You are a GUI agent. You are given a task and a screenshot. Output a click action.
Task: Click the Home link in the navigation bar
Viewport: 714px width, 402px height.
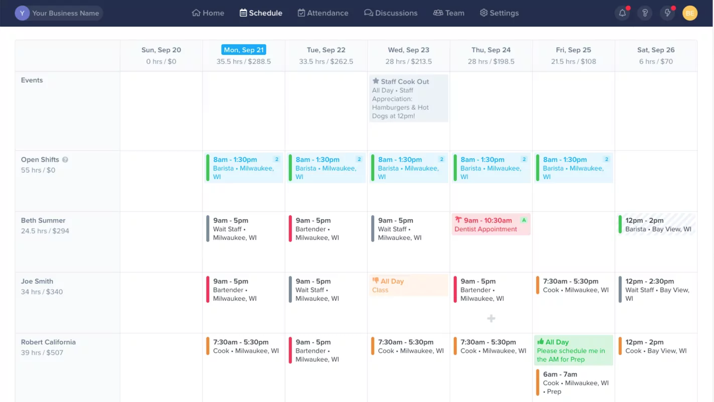pos(208,13)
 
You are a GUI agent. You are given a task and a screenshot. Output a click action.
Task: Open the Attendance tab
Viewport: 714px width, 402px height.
pos(323,13)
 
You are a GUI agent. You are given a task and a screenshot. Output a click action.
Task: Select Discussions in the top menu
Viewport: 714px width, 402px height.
pos(391,13)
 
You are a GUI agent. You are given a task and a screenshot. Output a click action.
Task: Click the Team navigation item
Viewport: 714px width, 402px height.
pos(449,13)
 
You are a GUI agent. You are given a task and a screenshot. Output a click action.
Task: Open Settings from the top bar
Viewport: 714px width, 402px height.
pos(499,13)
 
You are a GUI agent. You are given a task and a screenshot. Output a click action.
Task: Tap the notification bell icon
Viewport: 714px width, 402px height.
pos(622,13)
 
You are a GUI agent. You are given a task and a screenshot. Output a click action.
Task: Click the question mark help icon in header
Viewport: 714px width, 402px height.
pos(645,13)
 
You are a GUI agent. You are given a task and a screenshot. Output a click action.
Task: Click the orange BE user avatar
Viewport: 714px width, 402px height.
pos(690,13)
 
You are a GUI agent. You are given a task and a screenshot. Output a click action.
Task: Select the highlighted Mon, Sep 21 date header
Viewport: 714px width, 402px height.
pos(243,50)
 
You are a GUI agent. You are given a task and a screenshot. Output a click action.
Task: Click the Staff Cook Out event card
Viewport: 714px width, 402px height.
pos(408,98)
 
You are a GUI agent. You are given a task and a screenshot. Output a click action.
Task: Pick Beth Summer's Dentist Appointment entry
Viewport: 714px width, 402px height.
pos(491,224)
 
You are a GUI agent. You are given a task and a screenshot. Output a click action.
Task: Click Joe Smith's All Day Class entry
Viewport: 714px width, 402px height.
pos(408,285)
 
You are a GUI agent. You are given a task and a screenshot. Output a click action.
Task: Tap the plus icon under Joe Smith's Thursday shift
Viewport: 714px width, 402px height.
pos(491,318)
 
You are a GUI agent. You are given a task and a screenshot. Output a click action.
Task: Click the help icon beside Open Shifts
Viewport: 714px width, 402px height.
pos(65,160)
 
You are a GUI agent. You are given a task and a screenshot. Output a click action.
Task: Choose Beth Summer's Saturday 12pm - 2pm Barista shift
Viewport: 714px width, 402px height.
pos(656,224)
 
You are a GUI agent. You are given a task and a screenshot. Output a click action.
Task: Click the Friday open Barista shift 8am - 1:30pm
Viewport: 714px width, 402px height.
pos(573,168)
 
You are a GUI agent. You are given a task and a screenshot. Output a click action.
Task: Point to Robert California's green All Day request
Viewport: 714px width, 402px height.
pos(573,350)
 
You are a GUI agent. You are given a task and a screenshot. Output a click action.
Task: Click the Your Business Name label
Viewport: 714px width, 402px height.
pos(65,13)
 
